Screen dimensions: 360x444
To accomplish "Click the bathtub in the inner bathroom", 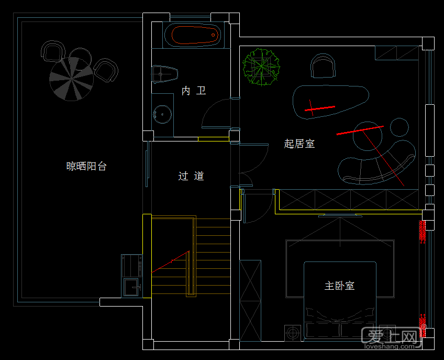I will pyautogui.click(x=192, y=35).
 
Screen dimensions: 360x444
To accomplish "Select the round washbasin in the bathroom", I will pyautogui.click(x=162, y=113).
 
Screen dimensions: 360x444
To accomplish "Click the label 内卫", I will pyautogui.click(x=193, y=91).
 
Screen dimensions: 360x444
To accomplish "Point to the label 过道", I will pyautogui.click(x=191, y=176).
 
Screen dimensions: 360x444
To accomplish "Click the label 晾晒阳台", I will pyautogui.click(x=86, y=166).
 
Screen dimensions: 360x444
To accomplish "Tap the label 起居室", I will pyautogui.click(x=299, y=143).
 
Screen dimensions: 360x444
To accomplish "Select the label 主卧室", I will pyautogui.click(x=339, y=286).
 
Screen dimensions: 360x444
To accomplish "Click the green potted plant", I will pyautogui.click(x=261, y=67).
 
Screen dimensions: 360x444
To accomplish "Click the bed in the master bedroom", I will pyautogui.click(x=340, y=299).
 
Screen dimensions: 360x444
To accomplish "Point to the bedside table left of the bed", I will pyautogui.click(x=293, y=333).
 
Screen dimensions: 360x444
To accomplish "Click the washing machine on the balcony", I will pyautogui.click(x=131, y=265).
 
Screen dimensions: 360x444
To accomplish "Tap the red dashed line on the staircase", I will pyautogui.click(x=170, y=261).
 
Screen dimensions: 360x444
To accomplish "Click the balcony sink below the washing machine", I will pyautogui.click(x=132, y=287).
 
